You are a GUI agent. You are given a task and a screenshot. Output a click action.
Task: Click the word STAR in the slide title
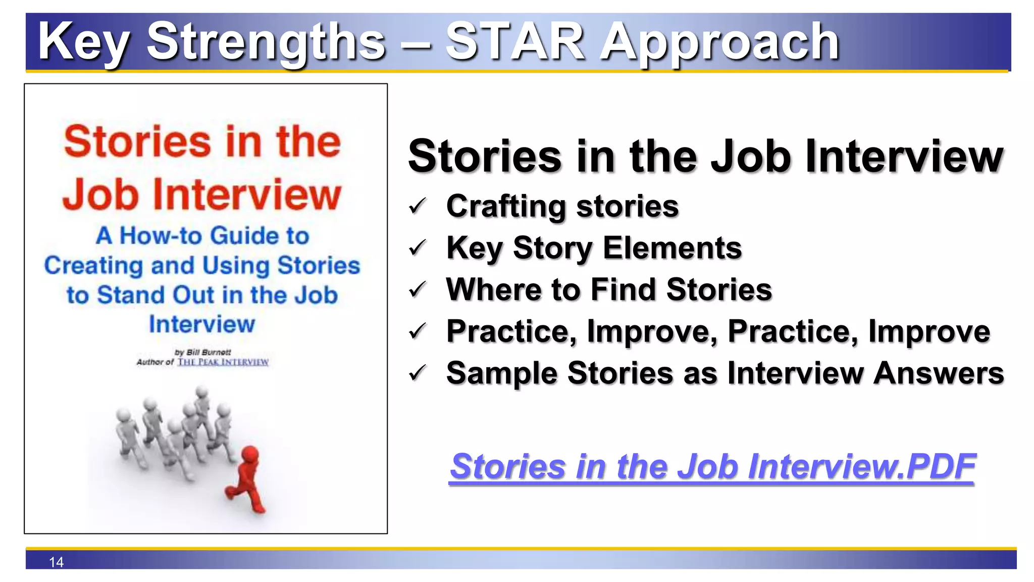(515, 41)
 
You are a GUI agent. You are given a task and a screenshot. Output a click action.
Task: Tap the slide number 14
(56, 562)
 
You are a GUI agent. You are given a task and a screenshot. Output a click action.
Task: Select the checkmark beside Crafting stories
(418, 207)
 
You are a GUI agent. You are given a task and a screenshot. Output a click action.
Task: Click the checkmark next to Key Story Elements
(418, 248)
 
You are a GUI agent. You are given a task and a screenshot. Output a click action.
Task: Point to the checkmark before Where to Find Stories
(418, 289)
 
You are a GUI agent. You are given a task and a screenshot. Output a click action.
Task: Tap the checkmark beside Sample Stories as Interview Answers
(418, 373)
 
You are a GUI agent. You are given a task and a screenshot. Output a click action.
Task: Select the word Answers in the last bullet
(939, 373)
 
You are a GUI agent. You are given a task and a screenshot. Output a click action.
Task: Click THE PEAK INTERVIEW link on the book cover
(223, 362)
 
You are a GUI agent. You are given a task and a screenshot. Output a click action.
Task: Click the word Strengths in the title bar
(266, 42)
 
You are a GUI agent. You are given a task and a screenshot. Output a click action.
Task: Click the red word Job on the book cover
(100, 195)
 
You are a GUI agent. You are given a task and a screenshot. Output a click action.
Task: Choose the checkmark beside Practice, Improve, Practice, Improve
(418, 332)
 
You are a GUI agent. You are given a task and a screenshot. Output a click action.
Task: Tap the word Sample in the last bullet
(502, 373)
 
